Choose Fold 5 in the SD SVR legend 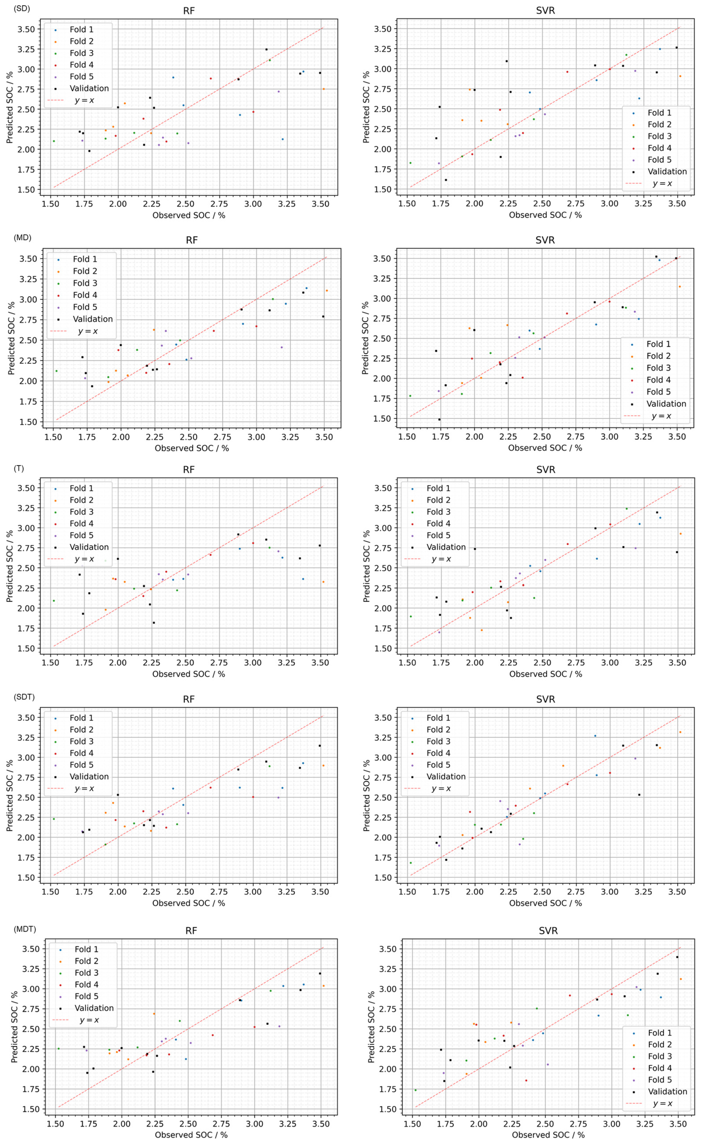coord(659,160)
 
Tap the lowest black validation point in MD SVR coord(439,419)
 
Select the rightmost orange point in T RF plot coord(323,582)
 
